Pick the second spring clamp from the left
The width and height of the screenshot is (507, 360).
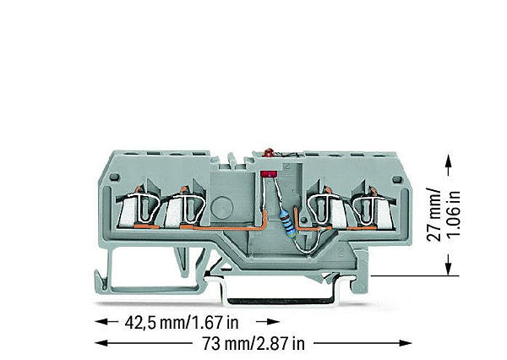[x=188, y=210]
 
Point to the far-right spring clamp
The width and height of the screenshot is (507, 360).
[x=368, y=210]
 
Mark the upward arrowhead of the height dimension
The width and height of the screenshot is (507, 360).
[x=444, y=157]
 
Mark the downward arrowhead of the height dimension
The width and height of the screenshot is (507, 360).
[x=444, y=271]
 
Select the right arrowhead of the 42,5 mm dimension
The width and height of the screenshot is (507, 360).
[x=274, y=322]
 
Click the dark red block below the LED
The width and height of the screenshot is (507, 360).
[x=270, y=172]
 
